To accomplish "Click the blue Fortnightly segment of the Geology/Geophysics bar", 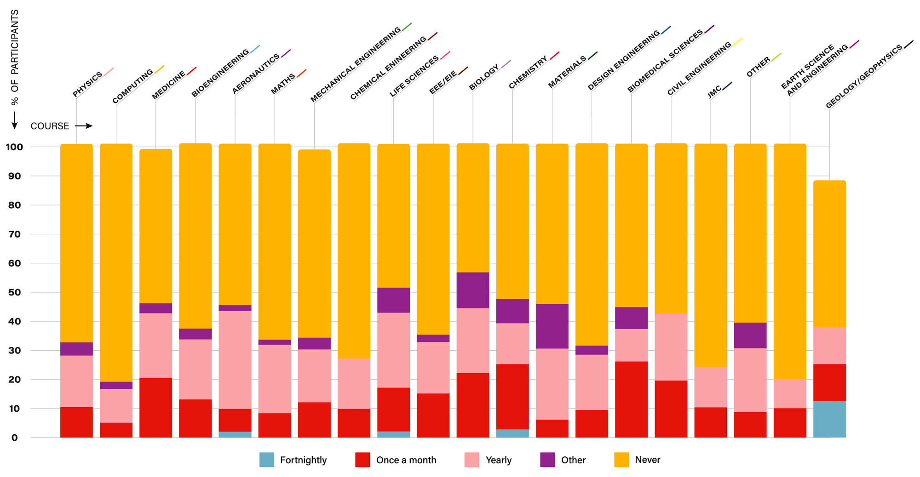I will click(829, 419).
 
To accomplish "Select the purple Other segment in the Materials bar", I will click(552, 326).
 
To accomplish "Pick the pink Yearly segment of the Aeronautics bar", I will click(235, 359).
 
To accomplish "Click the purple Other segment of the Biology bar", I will click(473, 290).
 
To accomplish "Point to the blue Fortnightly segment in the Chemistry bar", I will click(512, 433).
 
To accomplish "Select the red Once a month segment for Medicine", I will click(156, 407).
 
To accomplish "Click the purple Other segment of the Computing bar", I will click(116, 385).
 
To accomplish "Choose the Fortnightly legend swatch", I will click(267, 460).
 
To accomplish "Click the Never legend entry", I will click(647, 460).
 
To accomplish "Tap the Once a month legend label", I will click(406, 460).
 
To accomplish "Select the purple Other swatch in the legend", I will click(547, 460).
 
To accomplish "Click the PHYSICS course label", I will click(87, 85).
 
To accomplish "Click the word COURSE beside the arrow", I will click(50, 126).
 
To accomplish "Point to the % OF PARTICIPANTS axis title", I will click(15, 57).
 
